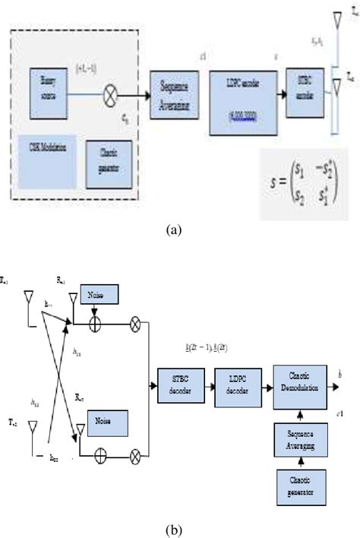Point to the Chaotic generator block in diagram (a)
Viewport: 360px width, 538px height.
[112, 156]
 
